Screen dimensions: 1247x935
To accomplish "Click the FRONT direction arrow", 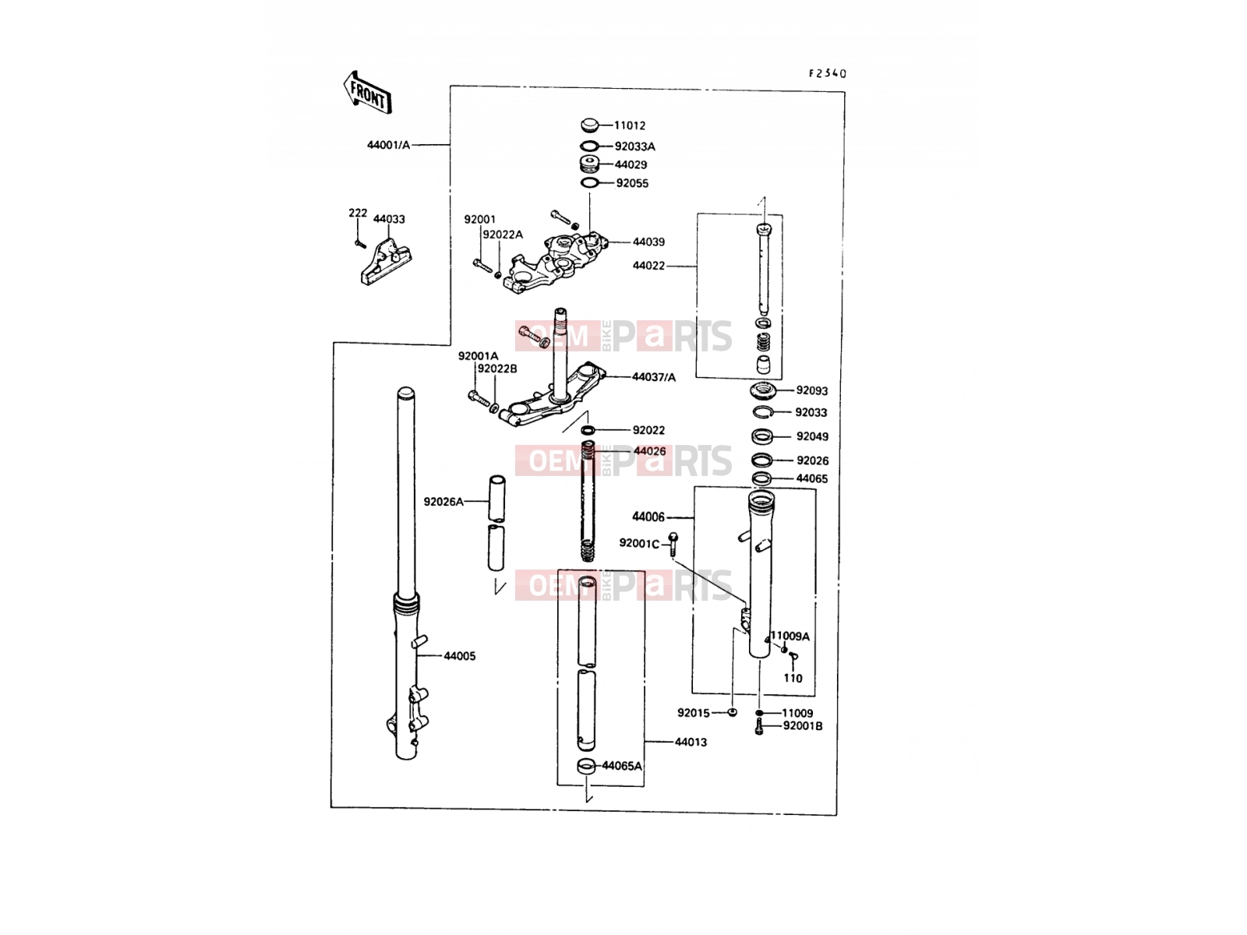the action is [367, 93].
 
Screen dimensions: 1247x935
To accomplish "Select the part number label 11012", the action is [630, 125].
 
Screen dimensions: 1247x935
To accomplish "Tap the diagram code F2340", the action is [827, 73].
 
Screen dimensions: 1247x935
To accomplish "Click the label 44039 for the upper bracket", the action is [648, 242].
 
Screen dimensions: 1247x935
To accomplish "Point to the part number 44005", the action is [460, 656].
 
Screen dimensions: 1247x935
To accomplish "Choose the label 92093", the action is [812, 390].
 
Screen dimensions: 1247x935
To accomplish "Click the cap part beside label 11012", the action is [590, 125].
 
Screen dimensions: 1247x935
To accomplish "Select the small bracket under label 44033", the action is [387, 262].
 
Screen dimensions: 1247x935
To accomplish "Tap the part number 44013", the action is [691, 742].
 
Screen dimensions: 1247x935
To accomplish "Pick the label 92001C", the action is [639, 544].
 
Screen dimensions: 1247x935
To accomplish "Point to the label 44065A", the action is [622, 766].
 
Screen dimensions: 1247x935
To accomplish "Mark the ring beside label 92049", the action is [761, 437].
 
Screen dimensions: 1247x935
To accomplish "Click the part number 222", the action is [357, 213].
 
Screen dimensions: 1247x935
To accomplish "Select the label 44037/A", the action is [654, 377].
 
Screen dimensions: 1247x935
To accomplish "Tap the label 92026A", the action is [443, 502].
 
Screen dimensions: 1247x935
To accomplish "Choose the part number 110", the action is [793, 679].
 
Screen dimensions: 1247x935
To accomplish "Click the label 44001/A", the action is [389, 145].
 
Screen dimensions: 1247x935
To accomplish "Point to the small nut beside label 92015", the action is [733, 712].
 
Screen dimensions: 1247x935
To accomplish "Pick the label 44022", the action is [648, 266].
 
